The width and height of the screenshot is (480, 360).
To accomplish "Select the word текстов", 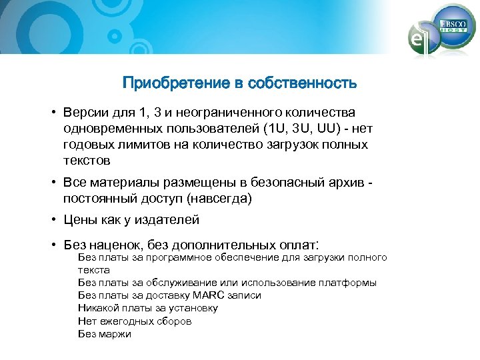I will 87,161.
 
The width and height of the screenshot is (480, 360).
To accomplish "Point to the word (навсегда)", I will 220,198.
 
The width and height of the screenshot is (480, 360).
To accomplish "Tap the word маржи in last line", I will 115,333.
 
